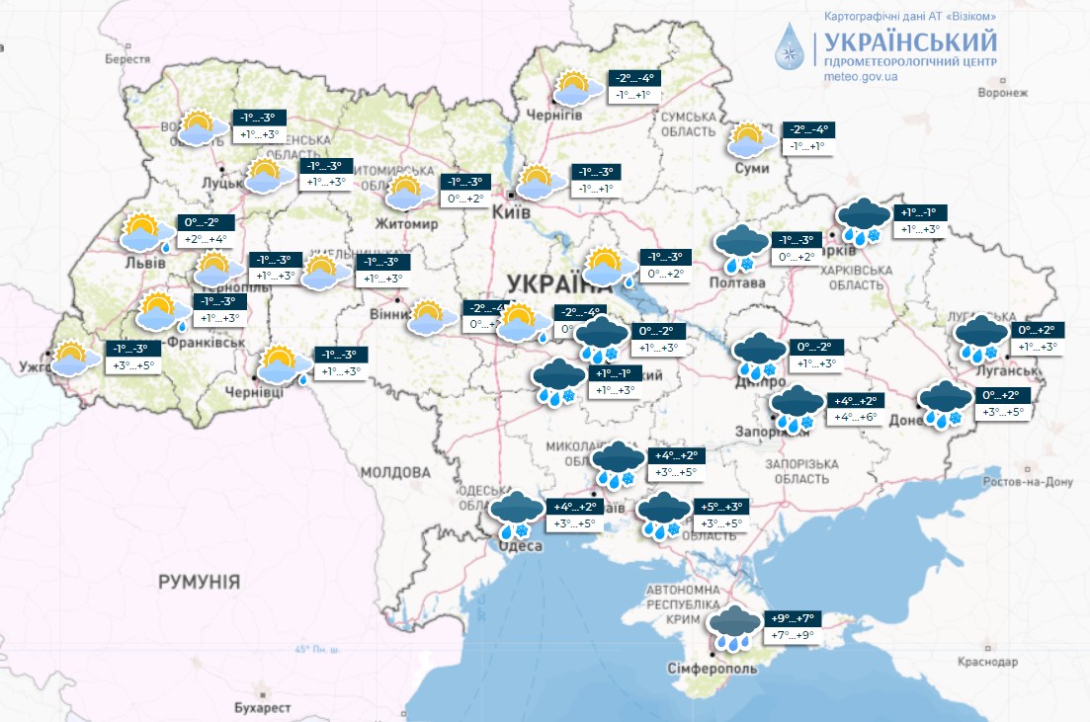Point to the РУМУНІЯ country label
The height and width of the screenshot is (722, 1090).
tap(199, 582)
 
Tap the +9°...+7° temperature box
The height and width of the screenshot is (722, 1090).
tap(794, 619)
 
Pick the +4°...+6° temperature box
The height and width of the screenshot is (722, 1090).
tap(856, 418)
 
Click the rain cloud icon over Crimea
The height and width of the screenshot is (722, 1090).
tap(734, 626)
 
